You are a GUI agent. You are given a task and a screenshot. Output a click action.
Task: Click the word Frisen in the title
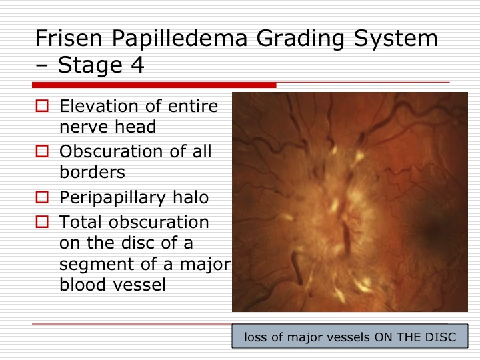pos(69,38)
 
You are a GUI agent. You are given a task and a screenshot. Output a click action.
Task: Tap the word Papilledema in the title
pos(179,39)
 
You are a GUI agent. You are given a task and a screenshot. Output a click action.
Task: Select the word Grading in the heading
pos(300,39)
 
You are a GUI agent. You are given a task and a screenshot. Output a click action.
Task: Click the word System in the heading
pos(395,39)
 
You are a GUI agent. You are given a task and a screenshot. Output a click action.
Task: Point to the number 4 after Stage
pos(137,65)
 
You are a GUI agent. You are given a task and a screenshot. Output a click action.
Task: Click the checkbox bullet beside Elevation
pos(42,106)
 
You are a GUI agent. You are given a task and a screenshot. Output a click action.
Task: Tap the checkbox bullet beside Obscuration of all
pos(42,151)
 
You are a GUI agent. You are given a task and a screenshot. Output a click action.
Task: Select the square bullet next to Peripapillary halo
pos(42,197)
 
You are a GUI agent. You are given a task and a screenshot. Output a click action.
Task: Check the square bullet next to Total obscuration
pos(42,221)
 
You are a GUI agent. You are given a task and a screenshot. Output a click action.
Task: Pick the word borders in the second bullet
pos(92,172)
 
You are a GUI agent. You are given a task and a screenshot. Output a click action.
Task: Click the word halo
pos(191,197)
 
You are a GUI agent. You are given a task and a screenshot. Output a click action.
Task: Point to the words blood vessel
pos(113,285)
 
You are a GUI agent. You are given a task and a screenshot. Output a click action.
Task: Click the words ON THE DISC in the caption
pos(415,337)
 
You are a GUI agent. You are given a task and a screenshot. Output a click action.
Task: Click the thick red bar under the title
pos(154,85)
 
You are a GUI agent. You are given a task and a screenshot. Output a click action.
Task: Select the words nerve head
pos(108,127)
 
